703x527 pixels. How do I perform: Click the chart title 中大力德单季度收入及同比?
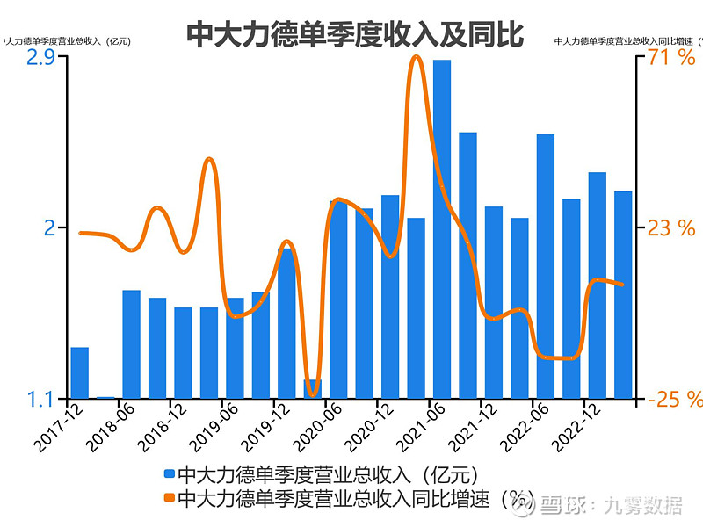pos(354,33)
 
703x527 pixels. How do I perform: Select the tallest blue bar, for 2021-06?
pos(442,228)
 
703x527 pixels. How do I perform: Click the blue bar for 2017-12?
pos(80,372)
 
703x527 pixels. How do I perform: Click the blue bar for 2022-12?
pos(597,285)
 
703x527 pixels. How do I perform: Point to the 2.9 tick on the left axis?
pos(41,58)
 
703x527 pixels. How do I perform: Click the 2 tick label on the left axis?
pos(48,228)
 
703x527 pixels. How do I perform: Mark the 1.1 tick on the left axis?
pos(41,399)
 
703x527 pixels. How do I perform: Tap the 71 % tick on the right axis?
pos(671,58)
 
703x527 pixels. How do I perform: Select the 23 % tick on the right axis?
pos(671,228)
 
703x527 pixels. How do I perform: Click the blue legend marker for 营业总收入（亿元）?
pos(170,475)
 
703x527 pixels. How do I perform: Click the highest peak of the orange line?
pos(417,58)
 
